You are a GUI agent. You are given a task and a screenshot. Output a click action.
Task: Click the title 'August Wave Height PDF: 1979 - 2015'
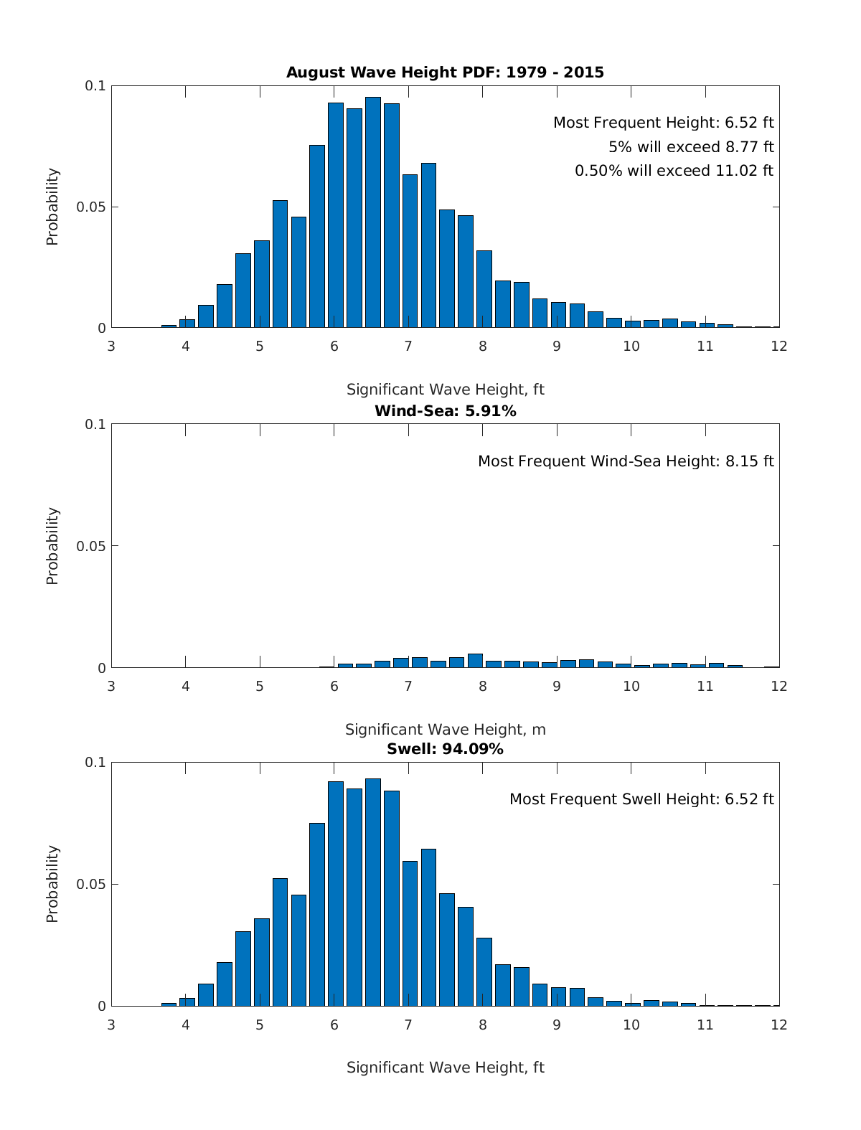pos(445,72)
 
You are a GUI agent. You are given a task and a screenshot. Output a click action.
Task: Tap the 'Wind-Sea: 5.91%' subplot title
pos(445,411)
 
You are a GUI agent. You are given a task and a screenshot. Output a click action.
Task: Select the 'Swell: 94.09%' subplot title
pos(445,749)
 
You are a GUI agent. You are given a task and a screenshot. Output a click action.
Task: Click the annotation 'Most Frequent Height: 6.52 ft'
pos(663,123)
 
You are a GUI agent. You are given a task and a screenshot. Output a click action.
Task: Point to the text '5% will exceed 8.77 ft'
pos(691,147)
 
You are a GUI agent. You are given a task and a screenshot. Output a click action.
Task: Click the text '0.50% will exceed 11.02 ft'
pos(674,171)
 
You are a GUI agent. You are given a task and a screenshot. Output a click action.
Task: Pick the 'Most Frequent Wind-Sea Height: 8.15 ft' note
pos(626,461)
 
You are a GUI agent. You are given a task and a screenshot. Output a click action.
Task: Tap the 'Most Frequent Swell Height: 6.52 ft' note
pos(641,799)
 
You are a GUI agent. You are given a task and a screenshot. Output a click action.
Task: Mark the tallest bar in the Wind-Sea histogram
pos(475,661)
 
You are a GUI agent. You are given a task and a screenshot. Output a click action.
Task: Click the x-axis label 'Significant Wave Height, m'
pos(445,730)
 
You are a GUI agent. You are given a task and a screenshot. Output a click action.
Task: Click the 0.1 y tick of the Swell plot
pos(95,762)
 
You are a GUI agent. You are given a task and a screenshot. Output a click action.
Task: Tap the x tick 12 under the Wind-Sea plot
pos(779,686)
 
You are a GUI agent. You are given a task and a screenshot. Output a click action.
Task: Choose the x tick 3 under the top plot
pos(111,347)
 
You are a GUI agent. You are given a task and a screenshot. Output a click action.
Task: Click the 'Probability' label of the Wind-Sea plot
pos(52,546)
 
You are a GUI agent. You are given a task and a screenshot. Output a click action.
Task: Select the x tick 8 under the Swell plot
pos(482,1025)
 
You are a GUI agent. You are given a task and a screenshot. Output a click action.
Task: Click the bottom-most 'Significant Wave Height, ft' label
pos(445,1068)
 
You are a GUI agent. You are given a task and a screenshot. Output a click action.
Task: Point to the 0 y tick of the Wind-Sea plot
pos(101,668)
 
